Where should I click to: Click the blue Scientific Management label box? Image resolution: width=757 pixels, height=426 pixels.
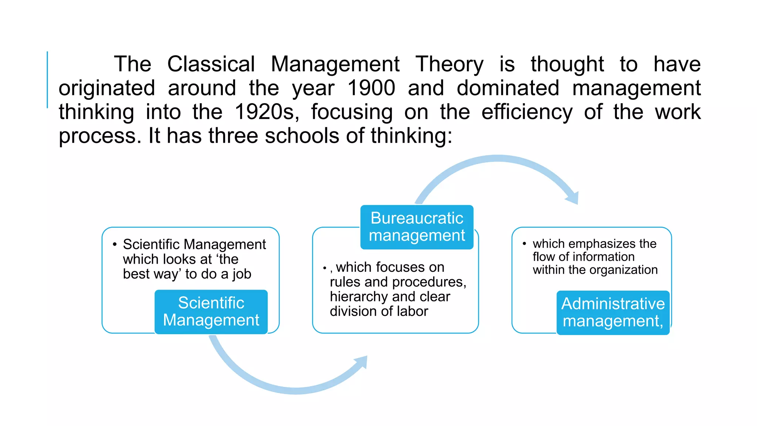coord(211,312)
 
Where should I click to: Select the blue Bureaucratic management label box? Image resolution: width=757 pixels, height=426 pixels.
coord(417,227)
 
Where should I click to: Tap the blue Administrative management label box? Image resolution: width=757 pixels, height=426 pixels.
coord(613,312)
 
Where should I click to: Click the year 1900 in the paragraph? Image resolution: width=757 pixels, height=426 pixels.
coord(371,88)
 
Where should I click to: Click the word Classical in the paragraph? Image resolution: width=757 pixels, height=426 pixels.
coord(211,64)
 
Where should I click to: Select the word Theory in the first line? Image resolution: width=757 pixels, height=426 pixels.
coord(449,64)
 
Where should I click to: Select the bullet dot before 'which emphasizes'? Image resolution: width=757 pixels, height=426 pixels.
coord(524,244)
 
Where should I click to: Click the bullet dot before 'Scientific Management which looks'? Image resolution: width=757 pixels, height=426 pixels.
coord(115,244)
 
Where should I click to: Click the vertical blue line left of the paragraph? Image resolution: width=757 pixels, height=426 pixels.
coord(47,80)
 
